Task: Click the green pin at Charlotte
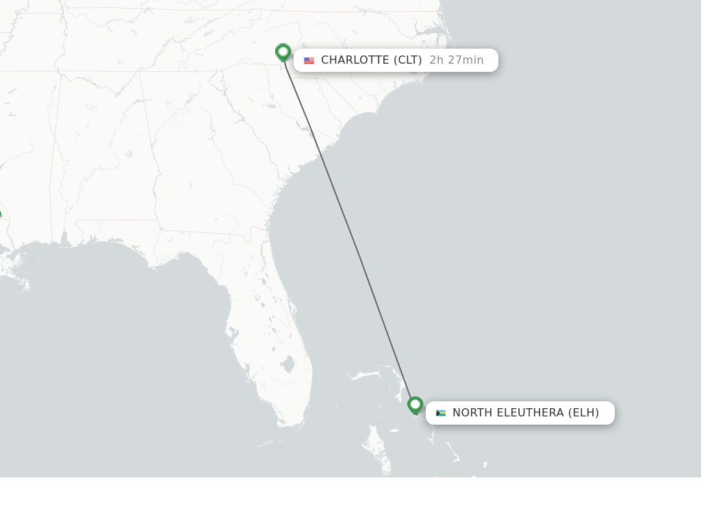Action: (283, 52)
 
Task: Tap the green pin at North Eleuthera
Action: (415, 405)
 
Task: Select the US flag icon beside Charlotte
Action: (309, 60)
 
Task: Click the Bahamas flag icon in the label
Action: (441, 413)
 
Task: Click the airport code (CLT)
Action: (408, 60)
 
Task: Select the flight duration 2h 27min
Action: (456, 60)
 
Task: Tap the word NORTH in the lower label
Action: (472, 413)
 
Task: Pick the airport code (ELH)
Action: (583, 413)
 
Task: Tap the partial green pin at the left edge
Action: (1, 216)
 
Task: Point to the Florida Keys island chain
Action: (274, 442)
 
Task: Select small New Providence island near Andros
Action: (394, 431)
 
